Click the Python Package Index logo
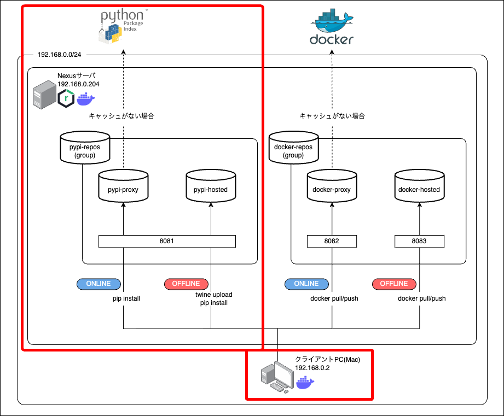pyautogui.click(x=121, y=26)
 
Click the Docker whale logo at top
pyautogui.click(x=332, y=27)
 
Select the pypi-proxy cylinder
pyautogui.click(x=123, y=186)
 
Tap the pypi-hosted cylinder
pyautogui.click(x=211, y=186)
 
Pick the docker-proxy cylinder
pyautogui.click(x=332, y=186)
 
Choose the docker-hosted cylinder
pyautogui.click(x=419, y=186)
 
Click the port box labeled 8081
pyautogui.click(x=167, y=241)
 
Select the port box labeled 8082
pyautogui.click(x=332, y=241)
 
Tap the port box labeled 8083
pyautogui.click(x=419, y=241)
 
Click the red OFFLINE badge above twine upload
pyautogui.click(x=186, y=284)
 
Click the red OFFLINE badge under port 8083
pyautogui.click(x=394, y=284)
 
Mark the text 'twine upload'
pyautogui.click(x=214, y=295)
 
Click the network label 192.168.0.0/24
pyautogui.click(x=59, y=55)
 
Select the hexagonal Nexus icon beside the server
pyautogui.click(x=66, y=99)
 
